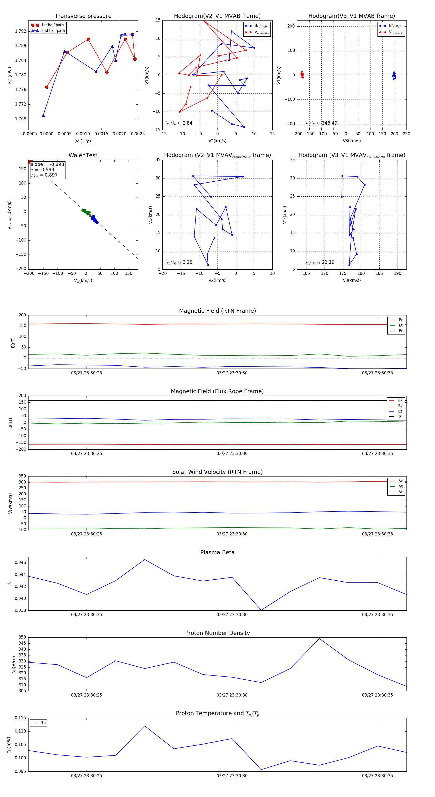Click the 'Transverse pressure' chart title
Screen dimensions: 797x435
point(83,16)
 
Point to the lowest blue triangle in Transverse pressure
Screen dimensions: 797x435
point(43,115)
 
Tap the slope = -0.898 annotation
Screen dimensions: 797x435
point(47,164)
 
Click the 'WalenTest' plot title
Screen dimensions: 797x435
point(83,155)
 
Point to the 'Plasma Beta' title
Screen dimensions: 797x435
point(217,553)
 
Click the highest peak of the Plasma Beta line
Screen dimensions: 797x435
point(145,559)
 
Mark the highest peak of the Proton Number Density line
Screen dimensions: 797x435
point(319,639)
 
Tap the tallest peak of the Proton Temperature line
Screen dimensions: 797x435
point(145,726)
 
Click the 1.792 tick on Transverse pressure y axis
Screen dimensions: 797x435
point(21,31)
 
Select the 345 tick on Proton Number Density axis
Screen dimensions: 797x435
point(22,643)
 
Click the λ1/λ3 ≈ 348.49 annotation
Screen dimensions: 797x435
point(321,123)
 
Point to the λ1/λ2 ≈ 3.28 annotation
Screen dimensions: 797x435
point(179,262)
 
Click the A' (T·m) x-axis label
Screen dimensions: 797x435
point(83,141)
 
